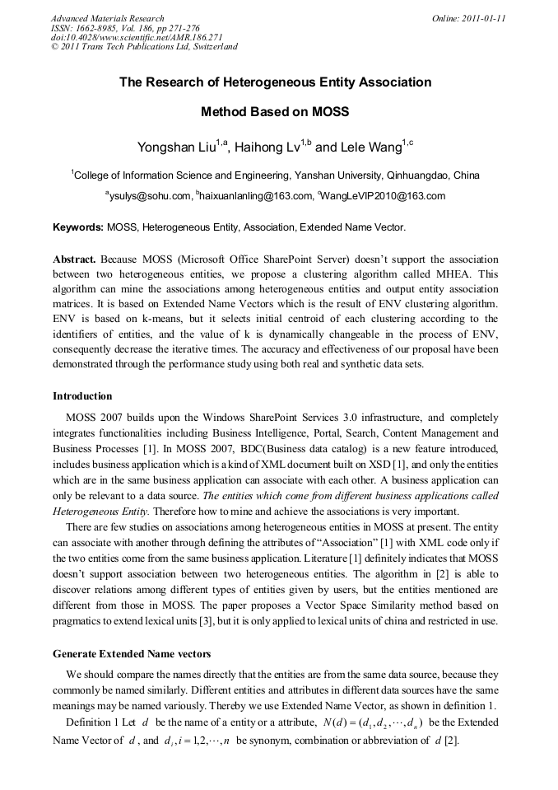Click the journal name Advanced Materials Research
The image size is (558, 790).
point(107,18)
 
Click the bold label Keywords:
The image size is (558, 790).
point(78,227)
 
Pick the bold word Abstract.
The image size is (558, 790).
point(74,258)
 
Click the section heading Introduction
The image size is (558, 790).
point(82,396)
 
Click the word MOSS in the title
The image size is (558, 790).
point(330,110)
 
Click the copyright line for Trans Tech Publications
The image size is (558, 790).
point(144,47)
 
